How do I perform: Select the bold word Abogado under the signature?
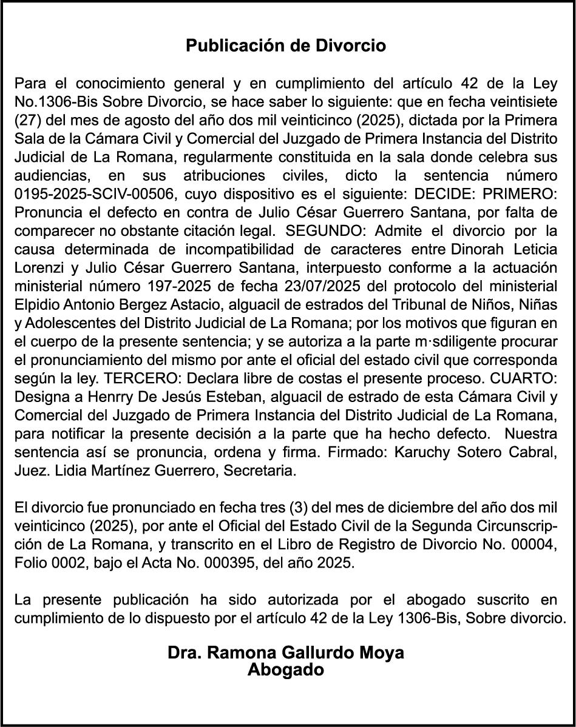pyautogui.click(x=286, y=670)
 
